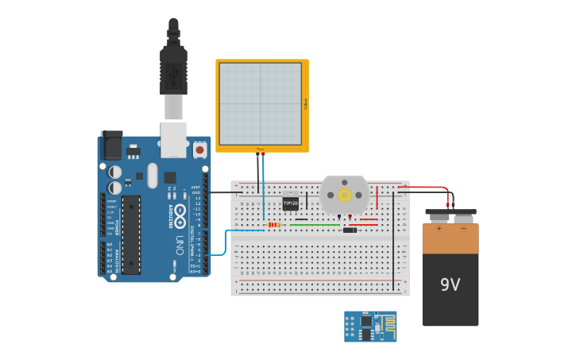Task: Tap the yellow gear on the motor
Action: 344,195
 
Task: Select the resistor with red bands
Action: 275,225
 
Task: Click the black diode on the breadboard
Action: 350,230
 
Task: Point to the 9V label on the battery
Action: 450,285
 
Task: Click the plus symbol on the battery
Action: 439,229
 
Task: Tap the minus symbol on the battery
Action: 463,229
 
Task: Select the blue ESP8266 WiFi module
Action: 370,327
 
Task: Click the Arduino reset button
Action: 199,149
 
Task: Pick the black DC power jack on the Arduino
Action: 111,146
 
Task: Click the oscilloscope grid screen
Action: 261,103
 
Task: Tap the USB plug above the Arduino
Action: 173,79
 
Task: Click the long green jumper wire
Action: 315,225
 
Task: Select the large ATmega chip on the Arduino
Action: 131,234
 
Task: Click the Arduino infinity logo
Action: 180,213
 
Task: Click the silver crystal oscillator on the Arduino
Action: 153,175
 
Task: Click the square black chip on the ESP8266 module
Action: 366,323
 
